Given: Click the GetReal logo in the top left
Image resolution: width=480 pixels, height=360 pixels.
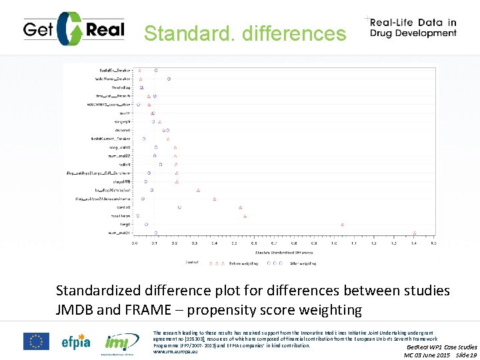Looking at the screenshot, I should point(71,29).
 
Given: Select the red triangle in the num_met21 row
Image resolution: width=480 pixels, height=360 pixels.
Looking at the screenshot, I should point(414,233).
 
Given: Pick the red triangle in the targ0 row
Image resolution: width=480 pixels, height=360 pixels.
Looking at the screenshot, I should point(342,225).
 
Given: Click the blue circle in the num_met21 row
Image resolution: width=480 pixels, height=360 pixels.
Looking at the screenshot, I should point(156,233).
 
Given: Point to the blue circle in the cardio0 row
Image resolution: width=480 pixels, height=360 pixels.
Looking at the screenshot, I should point(179,207).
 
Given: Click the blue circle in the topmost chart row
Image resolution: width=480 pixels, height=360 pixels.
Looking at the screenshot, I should point(156,70).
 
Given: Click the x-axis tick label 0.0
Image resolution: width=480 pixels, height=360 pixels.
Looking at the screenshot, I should point(135,243).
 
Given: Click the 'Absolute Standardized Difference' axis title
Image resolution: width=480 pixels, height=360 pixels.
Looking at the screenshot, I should point(284,253).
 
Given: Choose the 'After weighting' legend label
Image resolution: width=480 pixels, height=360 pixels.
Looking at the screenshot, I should point(302,263).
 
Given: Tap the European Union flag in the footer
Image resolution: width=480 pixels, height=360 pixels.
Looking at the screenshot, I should point(36,341).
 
